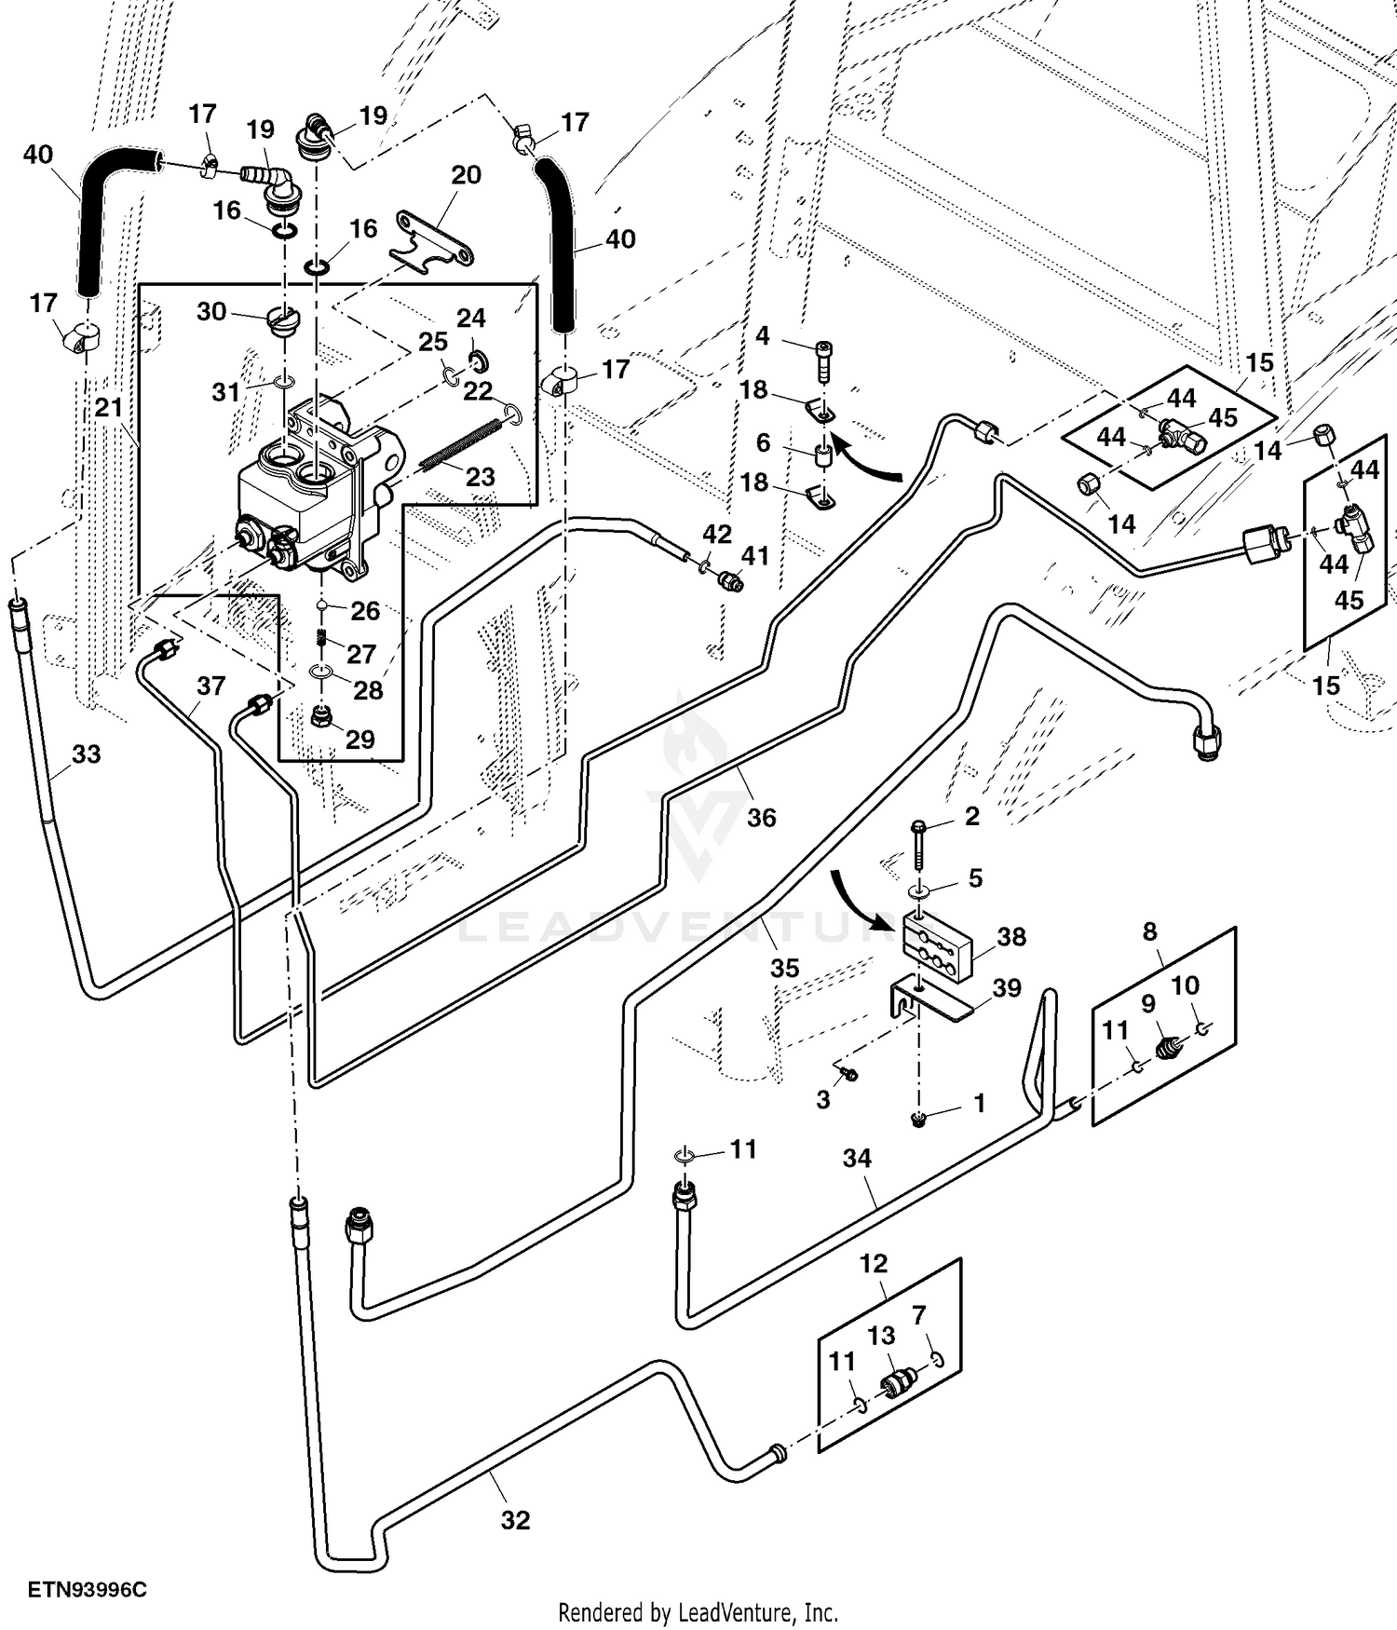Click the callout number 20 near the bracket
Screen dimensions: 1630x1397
[x=466, y=175]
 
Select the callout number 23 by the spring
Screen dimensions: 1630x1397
[x=480, y=477]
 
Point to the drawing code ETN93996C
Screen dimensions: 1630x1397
[x=87, y=1589]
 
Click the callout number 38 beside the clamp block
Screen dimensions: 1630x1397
[x=1011, y=936]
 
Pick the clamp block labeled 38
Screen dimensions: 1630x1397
[x=937, y=947]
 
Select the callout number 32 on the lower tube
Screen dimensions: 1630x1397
[x=515, y=1520]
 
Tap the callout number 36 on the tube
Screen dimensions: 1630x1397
[x=761, y=817]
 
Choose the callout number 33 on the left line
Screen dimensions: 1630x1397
[x=86, y=754]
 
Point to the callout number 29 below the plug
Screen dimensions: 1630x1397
[x=359, y=739]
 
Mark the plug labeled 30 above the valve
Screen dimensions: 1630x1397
[x=281, y=319]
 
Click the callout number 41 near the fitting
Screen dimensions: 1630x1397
[x=754, y=556]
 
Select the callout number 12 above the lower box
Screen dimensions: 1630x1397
[x=874, y=1264]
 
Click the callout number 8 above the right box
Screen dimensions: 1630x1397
[x=1150, y=930]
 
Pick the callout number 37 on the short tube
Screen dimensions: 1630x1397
[x=211, y=686]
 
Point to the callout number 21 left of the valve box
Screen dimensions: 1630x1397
[x=109, y=407]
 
